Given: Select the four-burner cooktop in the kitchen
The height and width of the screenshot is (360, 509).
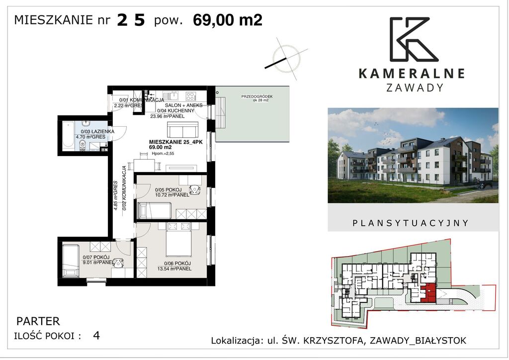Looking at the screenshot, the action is click(190, 96).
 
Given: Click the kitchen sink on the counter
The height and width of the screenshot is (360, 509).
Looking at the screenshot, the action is click(172, 95).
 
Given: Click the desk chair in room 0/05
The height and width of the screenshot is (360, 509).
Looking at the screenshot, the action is click(195, 189).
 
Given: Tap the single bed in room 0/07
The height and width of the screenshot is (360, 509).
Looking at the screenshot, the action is click(70, 261).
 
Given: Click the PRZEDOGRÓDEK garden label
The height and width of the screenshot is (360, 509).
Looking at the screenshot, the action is click(257, 96).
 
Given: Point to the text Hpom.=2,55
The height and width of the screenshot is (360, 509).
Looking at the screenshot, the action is click(163, 154).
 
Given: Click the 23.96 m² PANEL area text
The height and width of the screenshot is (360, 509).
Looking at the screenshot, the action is click(167, 116).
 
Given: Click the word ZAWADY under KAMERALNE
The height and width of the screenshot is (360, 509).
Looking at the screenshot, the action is click(415, 88).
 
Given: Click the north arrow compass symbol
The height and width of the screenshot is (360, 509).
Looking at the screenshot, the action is click(286, 59).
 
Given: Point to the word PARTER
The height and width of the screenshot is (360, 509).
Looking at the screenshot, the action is click(38, 321).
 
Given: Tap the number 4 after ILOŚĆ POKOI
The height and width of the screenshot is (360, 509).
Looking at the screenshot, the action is click(96, 335).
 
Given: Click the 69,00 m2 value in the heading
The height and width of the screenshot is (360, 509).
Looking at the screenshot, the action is click(228, 20).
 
